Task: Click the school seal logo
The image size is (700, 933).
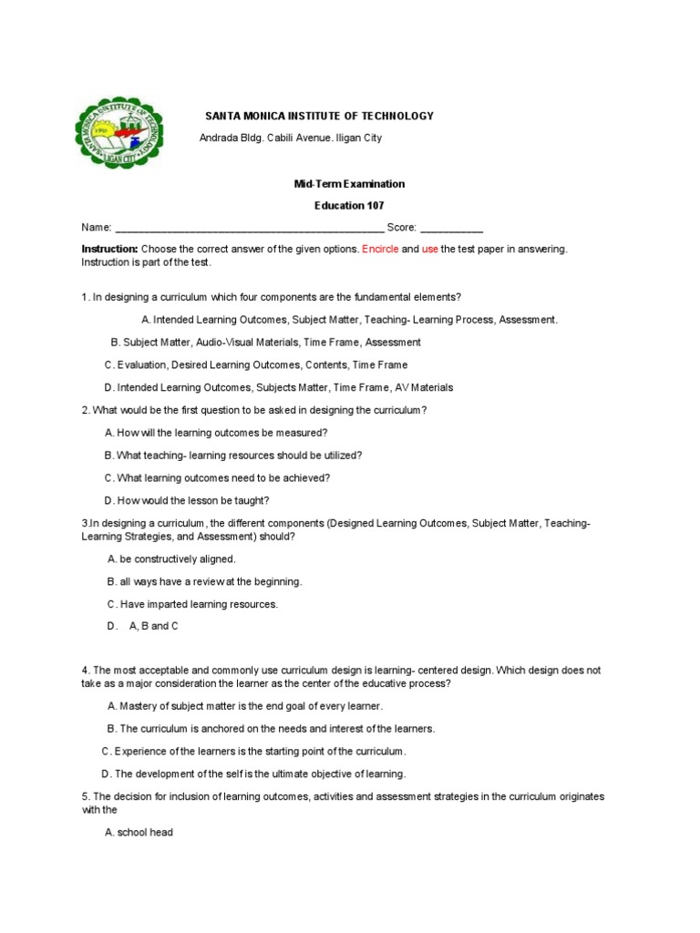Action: [x=119, y=133]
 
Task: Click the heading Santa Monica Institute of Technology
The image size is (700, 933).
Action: [x=319, y=116]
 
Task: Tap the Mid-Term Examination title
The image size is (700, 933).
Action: [x=349, y=184]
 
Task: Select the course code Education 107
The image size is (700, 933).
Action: [x=349, y=206]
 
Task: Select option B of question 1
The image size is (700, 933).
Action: [x=265, y=343]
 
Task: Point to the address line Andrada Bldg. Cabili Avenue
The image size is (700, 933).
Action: [x=291, y=138]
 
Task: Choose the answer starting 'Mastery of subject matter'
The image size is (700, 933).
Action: [x=245, y=706]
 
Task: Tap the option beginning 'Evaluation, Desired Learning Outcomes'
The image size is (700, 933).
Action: [x=255, y=365]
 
